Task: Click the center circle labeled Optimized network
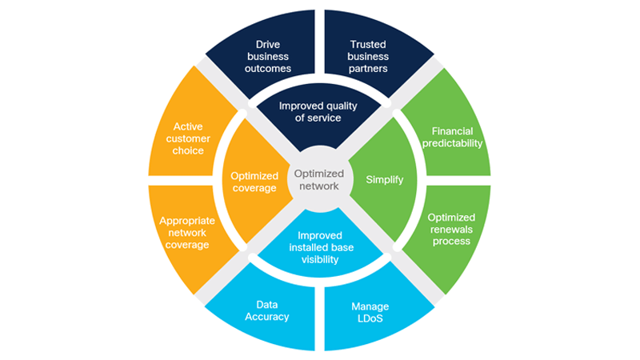(319, 179)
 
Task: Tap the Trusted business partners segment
(369, 56)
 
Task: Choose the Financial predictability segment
(452, 136)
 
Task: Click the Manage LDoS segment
(370, 312)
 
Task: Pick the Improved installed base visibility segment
(320, 246)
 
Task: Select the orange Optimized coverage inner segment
(254, 181)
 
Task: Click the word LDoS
(370, 318)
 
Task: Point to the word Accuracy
(267, 317)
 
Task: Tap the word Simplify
(385, 180)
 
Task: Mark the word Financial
(452, 130)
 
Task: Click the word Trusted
(369, 45)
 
